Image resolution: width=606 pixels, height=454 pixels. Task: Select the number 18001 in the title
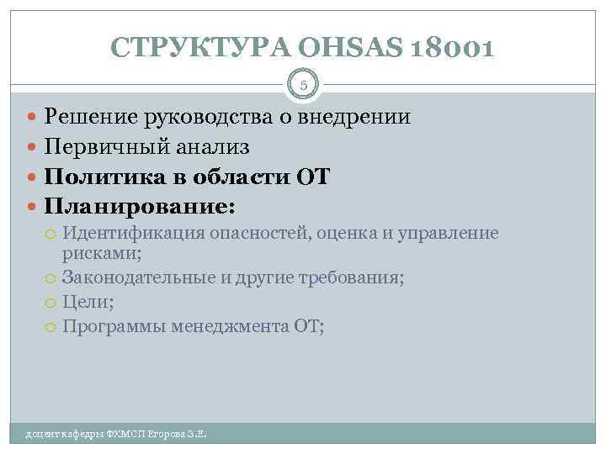pyautogui.click(x=451, y=48)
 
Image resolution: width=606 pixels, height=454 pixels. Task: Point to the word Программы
pyautogui.click(x=113, y=327)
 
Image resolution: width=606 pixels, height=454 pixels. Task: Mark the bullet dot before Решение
pyautogui.click(x=33, y=118)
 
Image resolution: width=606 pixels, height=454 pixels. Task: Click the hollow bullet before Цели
pyautogui.click(x=52, y=304)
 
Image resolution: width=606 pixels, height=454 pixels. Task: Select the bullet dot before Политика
pyautogui.click(x=33, y=178)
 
